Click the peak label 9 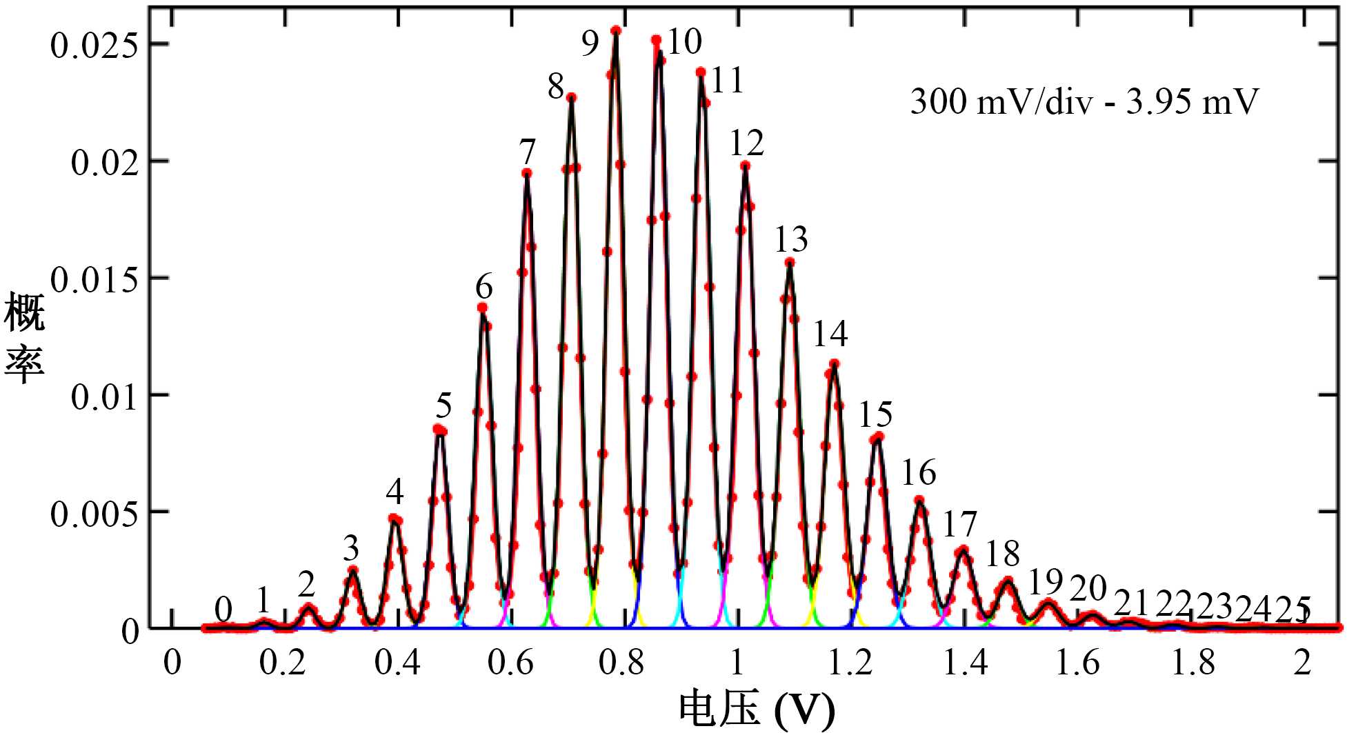[x=590, y=43]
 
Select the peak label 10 [x=685, y=42]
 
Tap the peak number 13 [x=791, y=240]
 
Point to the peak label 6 [x=484, y=286]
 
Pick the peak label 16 [x=919, y=473]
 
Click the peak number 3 [x=351, y=549]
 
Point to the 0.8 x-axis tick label [x=622, y=663]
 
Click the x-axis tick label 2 [x=1302, y=663]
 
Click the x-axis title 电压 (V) [x=757, y=709]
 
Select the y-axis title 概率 [x=25, y=338]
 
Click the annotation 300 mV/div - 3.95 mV [x=1084, y=102]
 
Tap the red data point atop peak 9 [x=616, y=30]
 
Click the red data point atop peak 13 [x=790, y=262]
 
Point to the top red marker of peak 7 [x=527, y=173]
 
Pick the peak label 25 [x=1293, y=610]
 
